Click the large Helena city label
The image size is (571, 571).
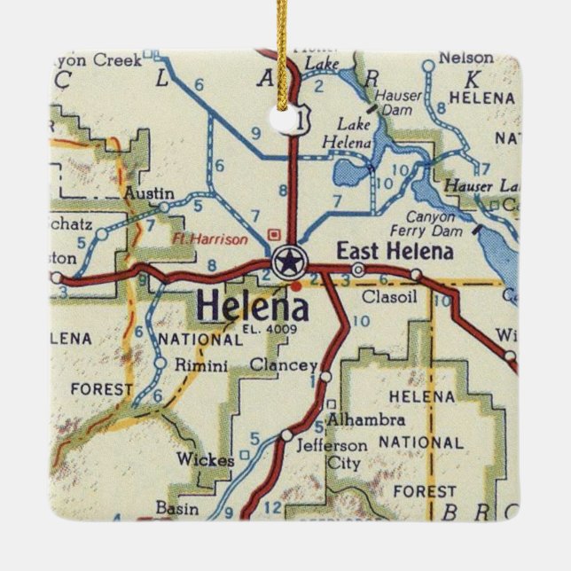point(253,307)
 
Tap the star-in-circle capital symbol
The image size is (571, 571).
point(286,262)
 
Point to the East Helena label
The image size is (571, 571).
point(395,251)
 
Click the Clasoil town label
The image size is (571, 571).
point(384,296)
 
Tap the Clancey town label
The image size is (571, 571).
point(283,365)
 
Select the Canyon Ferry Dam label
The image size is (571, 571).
point(435,222)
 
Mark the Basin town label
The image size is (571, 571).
point(173,507)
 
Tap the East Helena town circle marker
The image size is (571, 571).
point(358,269)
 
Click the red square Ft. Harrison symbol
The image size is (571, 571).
point(274,235)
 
